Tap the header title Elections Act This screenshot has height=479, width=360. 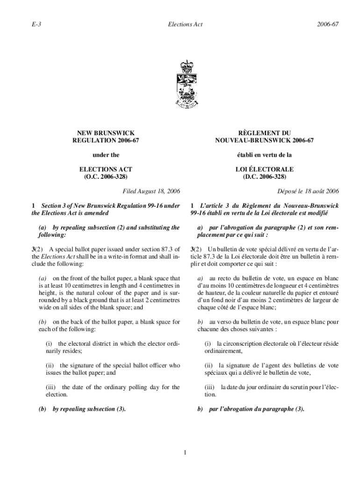pyautogui.click(x=186, y=24)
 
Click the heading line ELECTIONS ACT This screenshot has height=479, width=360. pyautogui.click(x=106, y=169)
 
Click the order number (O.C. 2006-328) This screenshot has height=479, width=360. pyautogui.click(x=106, y=177)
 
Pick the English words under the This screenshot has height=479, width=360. pyautogui.click(x=106, y=155)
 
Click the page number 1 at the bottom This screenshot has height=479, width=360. pyautogui.click(x=186, y=452)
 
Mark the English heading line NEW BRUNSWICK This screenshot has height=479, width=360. pyautogui.click(x=106, y=133)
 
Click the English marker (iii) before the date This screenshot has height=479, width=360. pyautogui.click(x=51, y=387)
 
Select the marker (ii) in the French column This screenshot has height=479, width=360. pyautogui.click(x=209, y=365)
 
